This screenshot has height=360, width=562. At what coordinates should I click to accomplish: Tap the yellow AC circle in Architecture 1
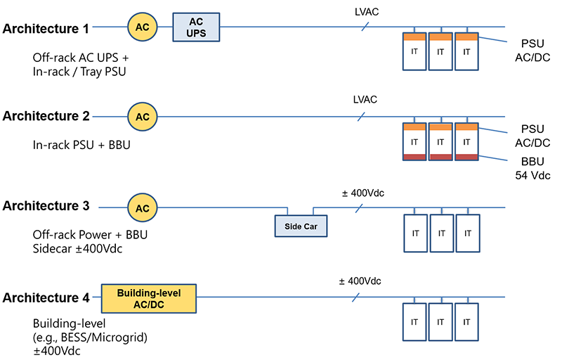pos(143,27)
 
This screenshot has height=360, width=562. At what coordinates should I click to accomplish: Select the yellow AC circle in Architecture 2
pos(143,116)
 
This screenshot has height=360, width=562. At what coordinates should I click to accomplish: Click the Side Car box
pos(301,226)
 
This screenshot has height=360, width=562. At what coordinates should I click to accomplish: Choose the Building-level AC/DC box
pos(149,298)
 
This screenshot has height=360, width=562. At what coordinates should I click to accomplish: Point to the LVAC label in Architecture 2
pos(365,99)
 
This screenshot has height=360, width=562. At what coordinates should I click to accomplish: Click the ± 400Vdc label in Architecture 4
pos(360,281)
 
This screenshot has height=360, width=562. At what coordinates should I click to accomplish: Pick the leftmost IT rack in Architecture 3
pos(415,233)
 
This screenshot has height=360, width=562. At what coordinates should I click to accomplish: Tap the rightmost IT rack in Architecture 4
pos(467,323)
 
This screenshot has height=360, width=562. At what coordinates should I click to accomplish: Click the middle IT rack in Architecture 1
pos(441,51)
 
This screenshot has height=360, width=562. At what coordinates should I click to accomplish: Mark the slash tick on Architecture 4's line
pos(357,298)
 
